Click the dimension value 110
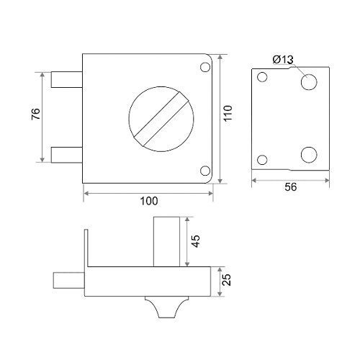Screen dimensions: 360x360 pyautogui.click(x=228, y=113)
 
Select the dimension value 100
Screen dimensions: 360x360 pyautogui.click(x=149, y=201)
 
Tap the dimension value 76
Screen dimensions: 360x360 pyautogui.click(x=36, y=114)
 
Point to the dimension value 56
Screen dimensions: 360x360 pyautogui.click(x=291, y=186)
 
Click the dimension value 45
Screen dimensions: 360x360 pyautogui.click(x=196, y=241)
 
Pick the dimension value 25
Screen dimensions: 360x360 pyautogui.click(x=227, y=279)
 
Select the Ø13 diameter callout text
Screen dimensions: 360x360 pyautogui.click(x=283, y=60)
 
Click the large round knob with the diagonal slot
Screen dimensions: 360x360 pyautogui.click(x=161, y=119)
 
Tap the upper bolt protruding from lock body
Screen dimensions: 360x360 pyautogui.click(x=67, y=79)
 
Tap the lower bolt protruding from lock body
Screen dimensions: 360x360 pyautogui.click(x=67, y=155)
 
